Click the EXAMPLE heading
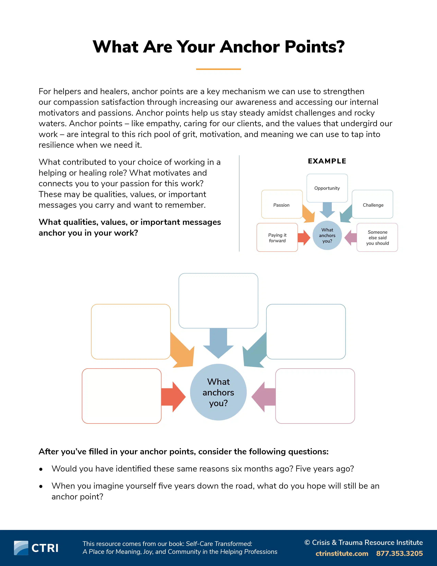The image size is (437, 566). (327, 161)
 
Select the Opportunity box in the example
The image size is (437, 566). (327, 188)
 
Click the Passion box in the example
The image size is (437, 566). (282, 204)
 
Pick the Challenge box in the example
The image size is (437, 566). (373, 204)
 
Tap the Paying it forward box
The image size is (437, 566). (277, 237)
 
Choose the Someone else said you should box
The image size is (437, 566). (377, 237)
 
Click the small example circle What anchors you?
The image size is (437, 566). (327, 235)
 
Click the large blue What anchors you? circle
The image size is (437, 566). (218, 392)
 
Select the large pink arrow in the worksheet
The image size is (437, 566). (264, 397)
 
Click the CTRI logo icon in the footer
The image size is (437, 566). (21, 548)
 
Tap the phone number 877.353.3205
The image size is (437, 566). (399, 553)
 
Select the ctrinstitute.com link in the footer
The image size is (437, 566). (342, 553)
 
